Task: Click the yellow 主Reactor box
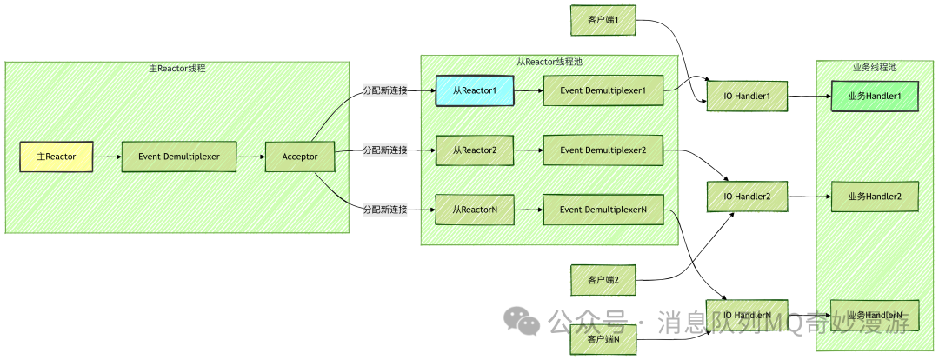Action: pyautogui.click(x=56, y=157)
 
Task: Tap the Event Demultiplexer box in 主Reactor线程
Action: pyautogui.click(x=178, y=157)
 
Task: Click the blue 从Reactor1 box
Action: pyautogui.click(x=474, y=90)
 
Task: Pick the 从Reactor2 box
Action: pyautogui.click(x=474, y=150)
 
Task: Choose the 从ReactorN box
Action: pyautogui.click(x=474, y=210)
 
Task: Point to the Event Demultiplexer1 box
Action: pyautogui.click(x=603, y=90)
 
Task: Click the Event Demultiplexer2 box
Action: pyautogui.click(x=603, y=150)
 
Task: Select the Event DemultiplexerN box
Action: pyautogui.click(x=603, y=210)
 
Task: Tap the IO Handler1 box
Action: pyautogui.click(x=747, y=96)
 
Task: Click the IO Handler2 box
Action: pyautogui.click(x=747, y=197)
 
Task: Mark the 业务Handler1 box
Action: pyautogui.click(x=875, y=96)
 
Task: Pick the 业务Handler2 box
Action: pyautogui.click(x=875, y=197)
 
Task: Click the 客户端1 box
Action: pyautogui.click(x=603, y=20)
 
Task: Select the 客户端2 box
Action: pyautogui.click(x=603, y=280)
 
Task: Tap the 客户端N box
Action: pyautogui.click(x=603, y=339)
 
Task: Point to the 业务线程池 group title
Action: pyautogui.click(x=875, y=68)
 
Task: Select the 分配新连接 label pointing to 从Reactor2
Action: pyautogui.click(x=385, y=150)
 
